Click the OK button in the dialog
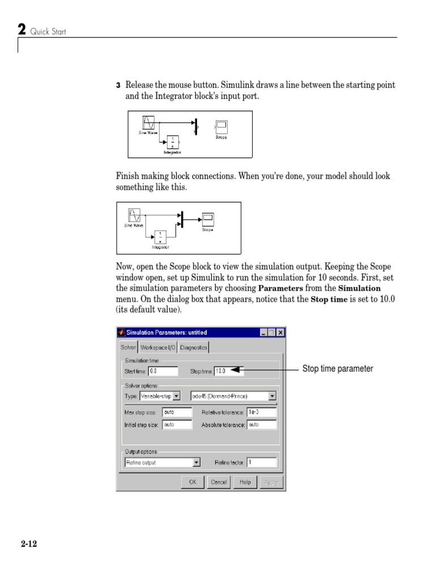coord(193,482)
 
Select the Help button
coord(245,482)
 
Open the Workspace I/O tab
coord(158,347)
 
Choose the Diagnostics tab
coord(194,347)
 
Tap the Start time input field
coord(165,372)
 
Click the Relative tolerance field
coord(261,412)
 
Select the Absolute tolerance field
coord(261,424)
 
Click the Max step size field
coord(177,412)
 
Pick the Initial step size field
coord(177,424)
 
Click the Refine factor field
coord(261,463)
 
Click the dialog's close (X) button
coord(280,332)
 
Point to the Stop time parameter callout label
coord(338,369)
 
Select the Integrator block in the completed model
coord(160,237)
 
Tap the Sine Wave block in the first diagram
coord(148,122)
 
